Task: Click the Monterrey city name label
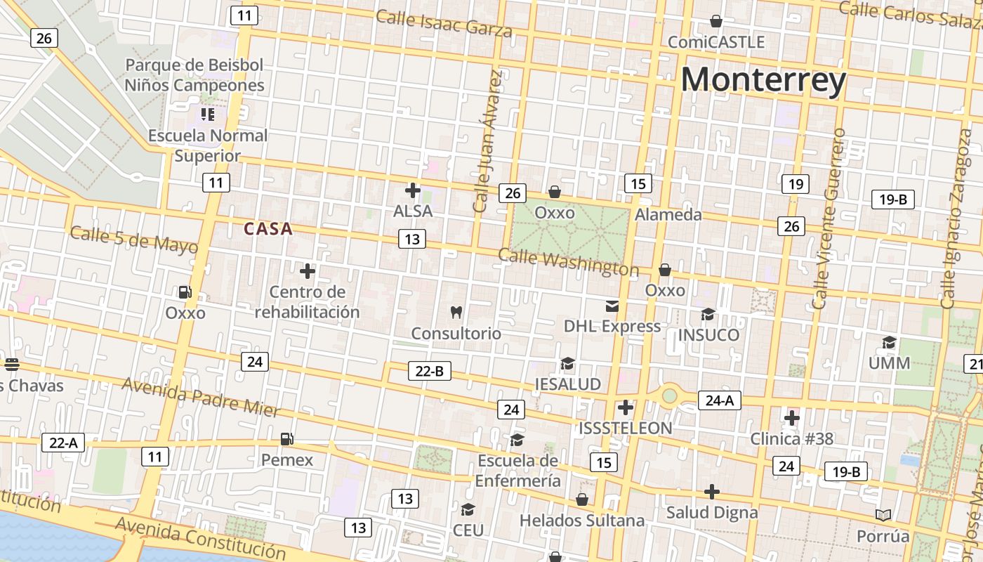(x=763, y=79)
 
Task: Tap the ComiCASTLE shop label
(x=716, y=42)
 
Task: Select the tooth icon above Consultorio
(x=456, y=312)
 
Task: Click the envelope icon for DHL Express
(x=612, y=306)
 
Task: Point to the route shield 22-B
(x=430, y=371)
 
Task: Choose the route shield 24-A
(x=719, y=400)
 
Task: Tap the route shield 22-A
(x=63, y=443)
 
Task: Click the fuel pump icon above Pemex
(x=286, y=439)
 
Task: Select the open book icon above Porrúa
(x=883, y=516)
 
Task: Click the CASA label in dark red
(x=268, y=229)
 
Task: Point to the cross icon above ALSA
(x=413, y=190)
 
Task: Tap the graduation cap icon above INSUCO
(x=708, y=314)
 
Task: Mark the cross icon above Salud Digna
(x=712, y=492)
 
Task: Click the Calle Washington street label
(x=569, y=263)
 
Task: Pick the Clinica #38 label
(x=792, y=439)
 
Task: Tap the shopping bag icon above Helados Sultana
(x=582, y=499)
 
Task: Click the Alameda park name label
(x=668, y=215)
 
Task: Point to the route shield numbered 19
(x=795, y=184)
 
